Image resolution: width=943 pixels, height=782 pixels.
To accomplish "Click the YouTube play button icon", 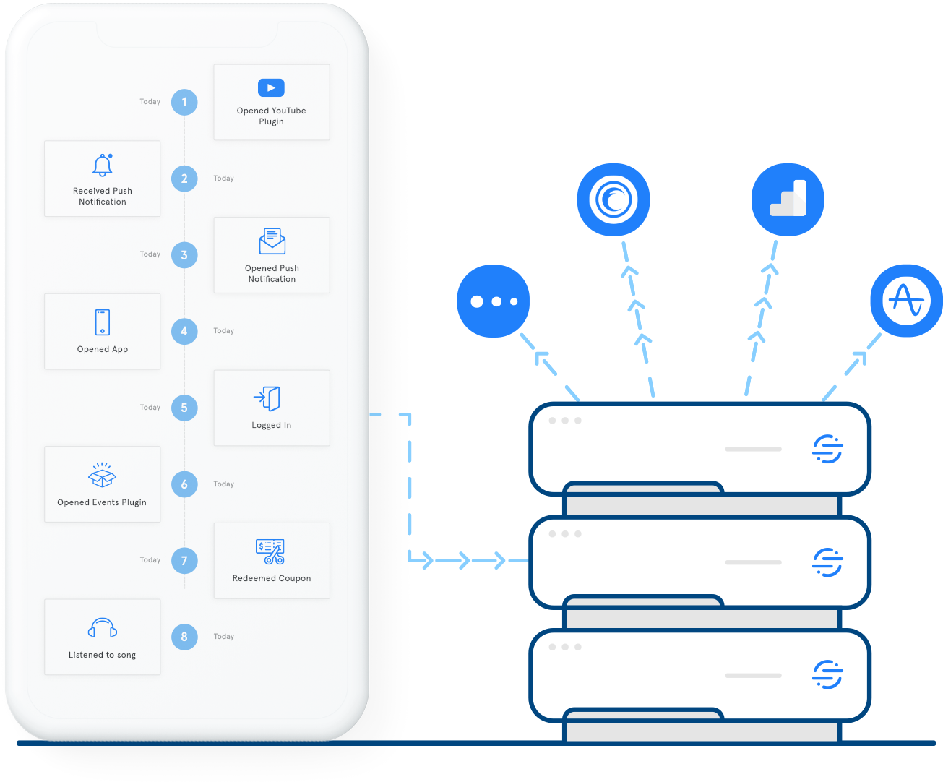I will (271, 87).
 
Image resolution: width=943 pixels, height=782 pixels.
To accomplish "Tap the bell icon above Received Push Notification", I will (102, 166).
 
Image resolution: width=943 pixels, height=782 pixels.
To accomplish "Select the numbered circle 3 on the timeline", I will (184, 255).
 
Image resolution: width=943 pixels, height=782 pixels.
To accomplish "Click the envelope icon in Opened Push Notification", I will (272, 241).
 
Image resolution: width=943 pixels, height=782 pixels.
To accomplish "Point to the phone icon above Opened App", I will (103, 322).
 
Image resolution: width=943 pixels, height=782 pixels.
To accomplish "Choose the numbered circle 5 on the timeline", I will (184, 408).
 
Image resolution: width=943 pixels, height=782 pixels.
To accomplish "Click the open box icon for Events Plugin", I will (102, 476).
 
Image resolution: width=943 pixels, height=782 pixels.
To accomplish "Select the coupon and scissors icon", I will (270, 551).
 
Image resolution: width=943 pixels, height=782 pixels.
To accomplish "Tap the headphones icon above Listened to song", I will (103, 628).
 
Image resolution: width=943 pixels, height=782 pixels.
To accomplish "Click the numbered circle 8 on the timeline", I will (184, 637).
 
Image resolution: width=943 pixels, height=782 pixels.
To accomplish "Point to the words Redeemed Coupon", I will (272, 578).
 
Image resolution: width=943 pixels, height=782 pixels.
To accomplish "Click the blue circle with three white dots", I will (494, 301).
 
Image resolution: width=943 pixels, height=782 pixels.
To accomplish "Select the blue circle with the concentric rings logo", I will (613, 199).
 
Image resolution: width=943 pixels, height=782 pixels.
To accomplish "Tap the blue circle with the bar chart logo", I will (788, 199).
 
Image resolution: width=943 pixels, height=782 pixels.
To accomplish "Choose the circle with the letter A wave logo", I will (906, 301).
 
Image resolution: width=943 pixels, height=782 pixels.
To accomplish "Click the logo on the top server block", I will (827, 449).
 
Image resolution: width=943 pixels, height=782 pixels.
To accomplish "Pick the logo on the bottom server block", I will (827, 674).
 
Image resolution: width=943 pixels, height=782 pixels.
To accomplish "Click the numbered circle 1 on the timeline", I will (184, 102).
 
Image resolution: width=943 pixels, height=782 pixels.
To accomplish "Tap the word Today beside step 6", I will (224, 484).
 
